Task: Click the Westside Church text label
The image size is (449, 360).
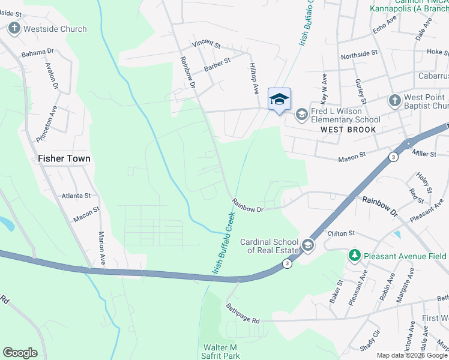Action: [x=55, y=29]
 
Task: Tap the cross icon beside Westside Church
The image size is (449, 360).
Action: [x=14, y=28]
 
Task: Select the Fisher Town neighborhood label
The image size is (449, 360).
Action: [x=64, y=159]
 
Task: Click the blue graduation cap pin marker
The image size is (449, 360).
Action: [x=279, y=99]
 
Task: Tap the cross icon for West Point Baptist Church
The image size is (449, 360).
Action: [x=394, y=100]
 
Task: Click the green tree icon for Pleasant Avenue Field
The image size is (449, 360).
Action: [x=355, y=256]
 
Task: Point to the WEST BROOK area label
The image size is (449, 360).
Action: [x=348, y=130]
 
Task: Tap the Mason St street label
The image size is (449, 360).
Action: [x=352, y=156]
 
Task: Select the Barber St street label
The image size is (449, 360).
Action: [x=217, y=65]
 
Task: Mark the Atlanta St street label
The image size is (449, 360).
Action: [x=76, y=196]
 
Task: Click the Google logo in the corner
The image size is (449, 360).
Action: [x=20, y=353]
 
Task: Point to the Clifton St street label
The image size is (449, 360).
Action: [x=342, y=233]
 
